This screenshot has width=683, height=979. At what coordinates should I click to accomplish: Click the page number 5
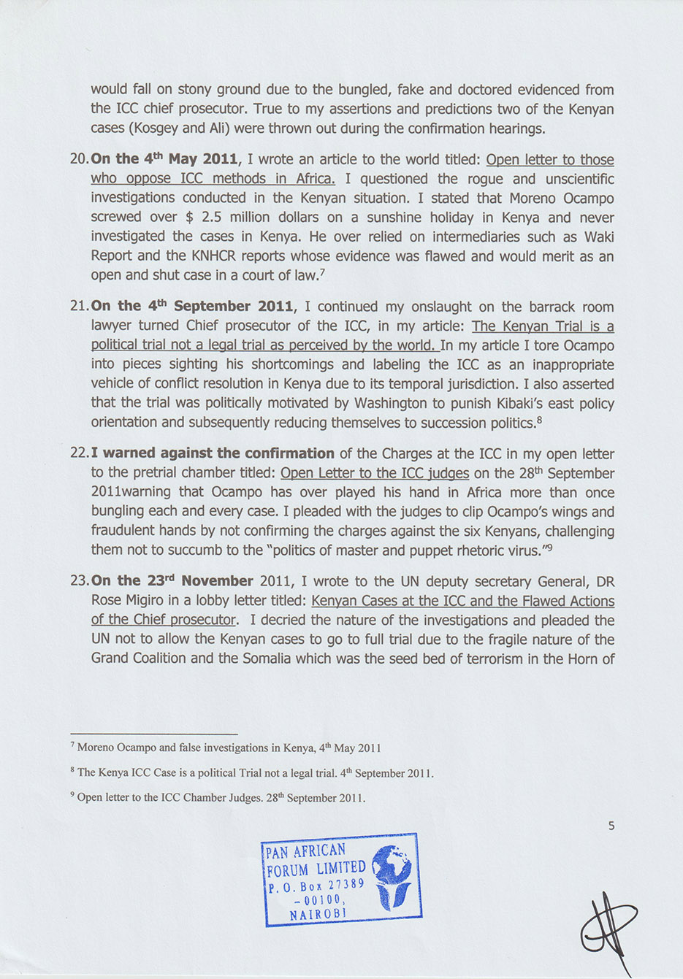pos(611,826)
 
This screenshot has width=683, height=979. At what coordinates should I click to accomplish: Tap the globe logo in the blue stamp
pos(394,877)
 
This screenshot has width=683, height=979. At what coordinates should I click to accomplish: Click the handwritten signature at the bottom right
pos(608,926)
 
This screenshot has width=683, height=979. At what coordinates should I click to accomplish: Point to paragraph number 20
pos(78,160)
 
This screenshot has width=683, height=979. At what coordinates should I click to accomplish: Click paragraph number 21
pos(78,307)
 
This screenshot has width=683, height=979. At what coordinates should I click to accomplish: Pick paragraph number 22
pos(78,453)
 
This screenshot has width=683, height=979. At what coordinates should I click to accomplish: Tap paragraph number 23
pos(78,581)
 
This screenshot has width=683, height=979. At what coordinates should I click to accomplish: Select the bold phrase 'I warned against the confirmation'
pos(213,453)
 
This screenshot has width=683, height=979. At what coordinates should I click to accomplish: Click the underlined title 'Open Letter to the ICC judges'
pos(375,473)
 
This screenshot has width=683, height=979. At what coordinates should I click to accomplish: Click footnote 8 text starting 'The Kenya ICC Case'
pos(255,772)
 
